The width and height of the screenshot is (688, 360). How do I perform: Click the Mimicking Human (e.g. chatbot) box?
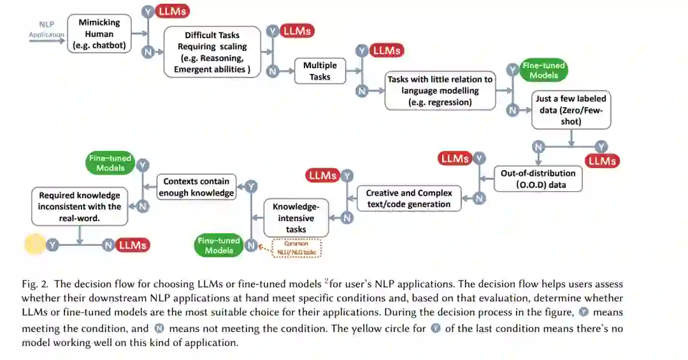(x=99, y=34)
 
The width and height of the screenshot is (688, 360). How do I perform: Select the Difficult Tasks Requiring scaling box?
(x=212, y=52)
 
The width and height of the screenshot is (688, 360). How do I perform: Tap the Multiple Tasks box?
(x=320, y=71)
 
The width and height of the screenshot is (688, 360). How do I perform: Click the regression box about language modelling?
(x=440, y=90)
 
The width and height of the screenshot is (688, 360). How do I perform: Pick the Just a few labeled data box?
(x=571, y=110)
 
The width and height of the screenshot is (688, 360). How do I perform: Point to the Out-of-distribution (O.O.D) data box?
(x=538, y=179)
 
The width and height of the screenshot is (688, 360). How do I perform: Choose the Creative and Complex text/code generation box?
(x=408, y=198)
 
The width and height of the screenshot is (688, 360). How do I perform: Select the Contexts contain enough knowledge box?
(x=196, y=187)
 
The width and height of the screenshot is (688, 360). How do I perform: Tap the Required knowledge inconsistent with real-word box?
(x=80, y=206)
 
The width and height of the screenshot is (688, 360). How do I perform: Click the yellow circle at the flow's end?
(x=34, y=245)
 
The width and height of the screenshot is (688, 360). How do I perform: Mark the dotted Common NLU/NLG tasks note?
(x=296, y=248)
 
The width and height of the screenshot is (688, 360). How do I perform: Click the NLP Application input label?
(x=47, y=30)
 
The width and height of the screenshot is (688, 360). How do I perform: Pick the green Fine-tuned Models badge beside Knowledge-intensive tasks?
(x=219, y=245)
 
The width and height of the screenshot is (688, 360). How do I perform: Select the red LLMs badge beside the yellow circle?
(x=133, y=245)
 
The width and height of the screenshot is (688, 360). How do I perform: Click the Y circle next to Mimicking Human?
(x=148, y=11)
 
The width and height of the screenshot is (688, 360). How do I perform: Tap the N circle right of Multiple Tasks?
(x=362, y=91)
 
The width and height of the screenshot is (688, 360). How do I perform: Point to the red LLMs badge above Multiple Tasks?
(x=387, y=50)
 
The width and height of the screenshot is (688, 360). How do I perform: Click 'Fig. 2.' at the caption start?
(x=35, y=284)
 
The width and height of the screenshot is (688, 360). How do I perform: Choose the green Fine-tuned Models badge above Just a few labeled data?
(x=543, y=70)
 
